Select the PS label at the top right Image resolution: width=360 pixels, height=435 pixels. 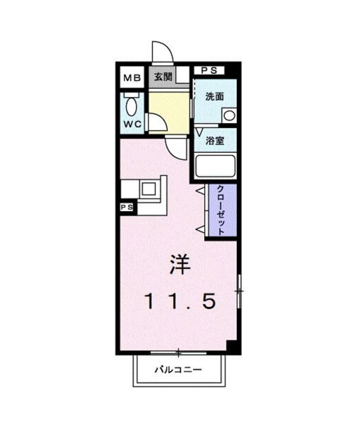[x=209, y=70]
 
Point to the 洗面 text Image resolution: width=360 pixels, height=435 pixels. [x=214, y=97]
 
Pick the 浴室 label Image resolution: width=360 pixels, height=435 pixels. [x=215, y=141]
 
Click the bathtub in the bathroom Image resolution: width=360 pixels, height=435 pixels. [x=215, y=166]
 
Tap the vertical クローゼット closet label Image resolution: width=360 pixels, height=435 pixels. [x=221, y=210]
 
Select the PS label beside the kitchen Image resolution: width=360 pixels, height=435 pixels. [x=127, y=208]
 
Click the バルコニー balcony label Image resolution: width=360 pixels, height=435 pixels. [x=178, y=370]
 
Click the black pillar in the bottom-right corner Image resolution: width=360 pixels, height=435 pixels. [x=232, y=347]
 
